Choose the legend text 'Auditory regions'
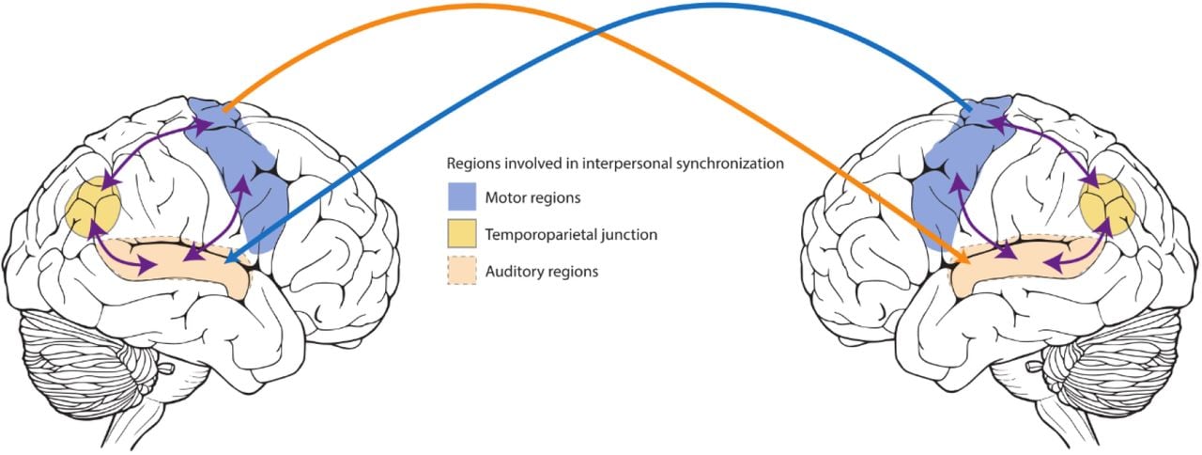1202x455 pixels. [x=542, y=271]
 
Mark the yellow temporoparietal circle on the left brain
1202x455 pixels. [x=95, y=208]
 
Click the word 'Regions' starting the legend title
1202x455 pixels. [x=472, y=164]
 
